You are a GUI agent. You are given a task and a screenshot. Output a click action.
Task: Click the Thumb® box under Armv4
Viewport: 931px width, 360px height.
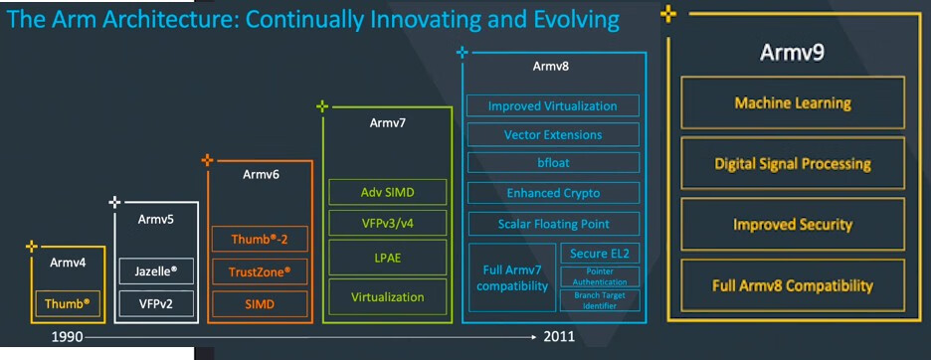[67, 303]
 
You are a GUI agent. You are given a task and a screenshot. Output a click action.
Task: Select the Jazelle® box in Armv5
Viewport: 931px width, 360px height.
[156, 272]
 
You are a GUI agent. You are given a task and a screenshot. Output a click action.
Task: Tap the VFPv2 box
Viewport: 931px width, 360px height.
[156, 303]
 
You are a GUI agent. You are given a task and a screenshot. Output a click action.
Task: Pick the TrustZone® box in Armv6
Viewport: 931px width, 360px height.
[260, 272]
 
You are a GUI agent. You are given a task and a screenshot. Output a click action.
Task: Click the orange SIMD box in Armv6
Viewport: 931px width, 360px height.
[260, 303]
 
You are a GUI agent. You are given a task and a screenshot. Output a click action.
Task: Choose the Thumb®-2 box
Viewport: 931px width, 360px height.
[260, 240]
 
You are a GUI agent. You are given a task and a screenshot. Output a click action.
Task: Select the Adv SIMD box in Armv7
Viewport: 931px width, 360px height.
[387, 192]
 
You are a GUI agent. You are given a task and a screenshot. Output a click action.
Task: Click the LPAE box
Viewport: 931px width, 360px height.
[387, 259]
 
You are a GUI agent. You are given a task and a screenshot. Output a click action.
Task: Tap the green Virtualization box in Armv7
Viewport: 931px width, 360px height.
[387, 297]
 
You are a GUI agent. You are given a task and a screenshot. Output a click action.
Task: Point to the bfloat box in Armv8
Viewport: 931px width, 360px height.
[553, 162]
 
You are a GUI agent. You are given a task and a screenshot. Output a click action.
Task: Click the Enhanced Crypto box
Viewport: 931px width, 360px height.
[553, 193]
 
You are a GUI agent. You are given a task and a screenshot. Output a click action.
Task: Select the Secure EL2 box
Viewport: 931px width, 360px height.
[600, 254]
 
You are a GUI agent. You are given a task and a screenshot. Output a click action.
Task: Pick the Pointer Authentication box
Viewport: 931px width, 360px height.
[600, 277]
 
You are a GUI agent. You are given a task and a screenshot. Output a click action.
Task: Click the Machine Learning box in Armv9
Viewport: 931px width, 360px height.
[793, 102]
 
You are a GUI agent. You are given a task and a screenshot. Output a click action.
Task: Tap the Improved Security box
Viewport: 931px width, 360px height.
[793, 225]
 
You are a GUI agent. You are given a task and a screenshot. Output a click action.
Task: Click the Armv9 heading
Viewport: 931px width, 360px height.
[792, 53]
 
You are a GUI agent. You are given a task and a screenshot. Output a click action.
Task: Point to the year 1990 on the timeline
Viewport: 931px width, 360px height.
[67, 337]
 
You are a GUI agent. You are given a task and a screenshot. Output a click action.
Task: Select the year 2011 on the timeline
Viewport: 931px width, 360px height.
[559, 337]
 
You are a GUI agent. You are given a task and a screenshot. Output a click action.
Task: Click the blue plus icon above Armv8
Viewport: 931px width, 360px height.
[462, 53]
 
